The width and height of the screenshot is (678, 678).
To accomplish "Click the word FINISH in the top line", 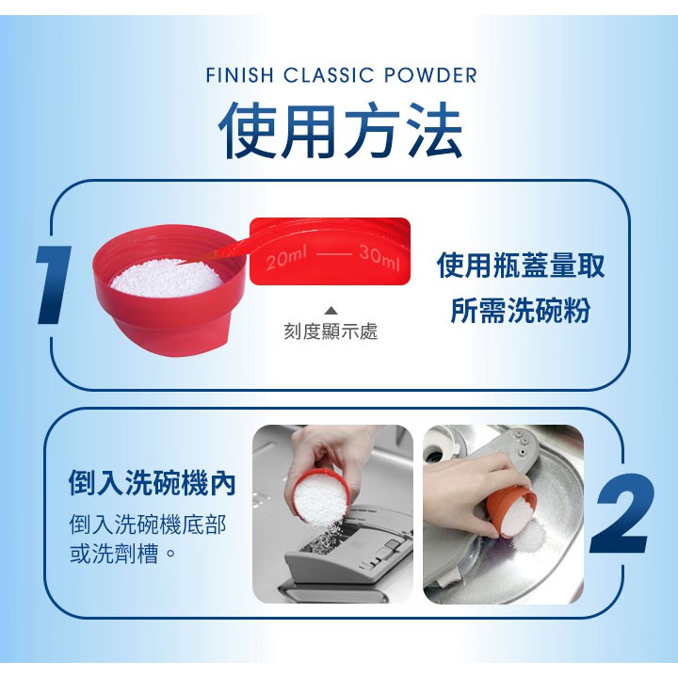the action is coord(239,74).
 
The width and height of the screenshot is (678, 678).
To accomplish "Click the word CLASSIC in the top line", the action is coord(329,74).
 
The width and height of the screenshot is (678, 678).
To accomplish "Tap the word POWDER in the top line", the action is coord(430,74).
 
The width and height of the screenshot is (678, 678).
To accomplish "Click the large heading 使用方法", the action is coord(340,131).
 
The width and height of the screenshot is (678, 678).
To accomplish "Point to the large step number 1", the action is coord(53,284).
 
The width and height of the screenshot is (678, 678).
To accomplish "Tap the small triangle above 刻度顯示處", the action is coord(331,311).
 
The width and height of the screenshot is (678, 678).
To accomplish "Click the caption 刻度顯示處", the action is coord(331,331).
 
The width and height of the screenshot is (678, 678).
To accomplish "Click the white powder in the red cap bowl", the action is coord(167,279).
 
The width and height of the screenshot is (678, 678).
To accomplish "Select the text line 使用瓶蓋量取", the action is coord(520,266).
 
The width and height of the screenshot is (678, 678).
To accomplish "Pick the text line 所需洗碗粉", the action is coord(520,310).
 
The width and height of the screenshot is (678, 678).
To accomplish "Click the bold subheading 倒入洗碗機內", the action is coord(153,482).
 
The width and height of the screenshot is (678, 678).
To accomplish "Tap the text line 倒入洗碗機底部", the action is coord(148,525).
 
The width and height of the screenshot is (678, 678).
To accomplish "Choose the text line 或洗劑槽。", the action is coord(122,554).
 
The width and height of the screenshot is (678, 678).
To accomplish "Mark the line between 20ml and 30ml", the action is coord(333,253).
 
